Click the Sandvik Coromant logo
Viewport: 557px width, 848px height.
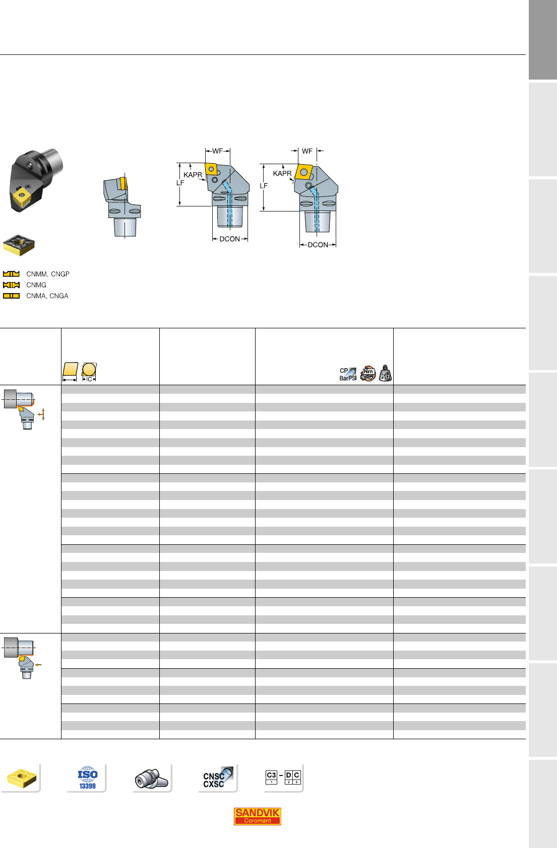[257, 816]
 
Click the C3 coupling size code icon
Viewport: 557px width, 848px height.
[271, 777]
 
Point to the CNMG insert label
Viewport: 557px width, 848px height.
[36, 285]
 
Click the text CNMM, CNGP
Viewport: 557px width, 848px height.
[48, 274]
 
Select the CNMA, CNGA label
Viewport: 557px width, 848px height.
[47, 296]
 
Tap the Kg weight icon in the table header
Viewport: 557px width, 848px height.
[385, 373]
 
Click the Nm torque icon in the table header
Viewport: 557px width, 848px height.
[368, 373]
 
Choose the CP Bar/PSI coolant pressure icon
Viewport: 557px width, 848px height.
[348, 374]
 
